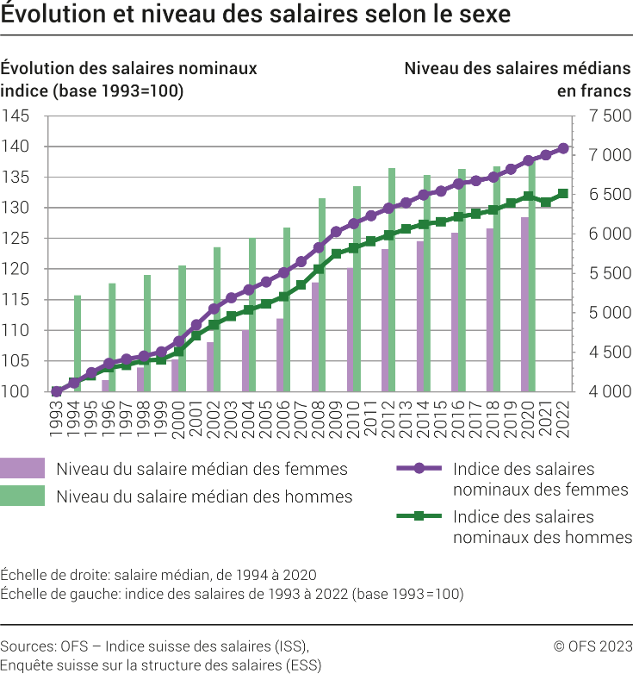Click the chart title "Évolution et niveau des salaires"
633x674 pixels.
255,15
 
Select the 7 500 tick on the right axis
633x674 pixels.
610,116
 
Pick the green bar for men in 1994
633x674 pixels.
78,343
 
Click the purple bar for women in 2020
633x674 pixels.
524,304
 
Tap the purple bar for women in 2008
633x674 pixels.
315,337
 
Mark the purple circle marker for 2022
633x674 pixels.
563,148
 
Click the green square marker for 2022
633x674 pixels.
563,194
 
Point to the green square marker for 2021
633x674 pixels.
546,202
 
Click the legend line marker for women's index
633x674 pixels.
419,469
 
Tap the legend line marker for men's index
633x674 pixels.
419,517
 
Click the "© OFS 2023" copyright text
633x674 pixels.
593,646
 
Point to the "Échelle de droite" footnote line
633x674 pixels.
158,575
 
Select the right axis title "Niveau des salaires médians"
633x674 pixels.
518,68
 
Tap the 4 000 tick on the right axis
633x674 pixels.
610,392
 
